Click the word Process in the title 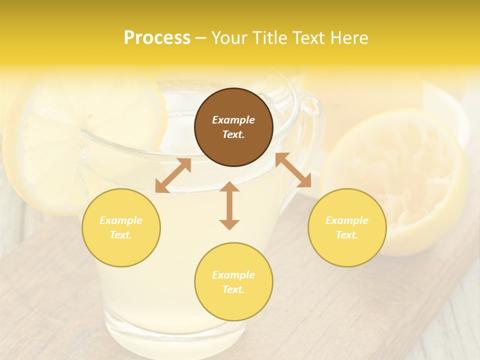coord(157,38)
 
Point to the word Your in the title coord(229,38)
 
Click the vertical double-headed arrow coord(229,205)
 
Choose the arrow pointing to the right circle coord(293,170)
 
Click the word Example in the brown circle coord(233,120)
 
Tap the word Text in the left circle coord(121,235)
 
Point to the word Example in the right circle coord(347,220)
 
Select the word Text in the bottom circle coord(233,289)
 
